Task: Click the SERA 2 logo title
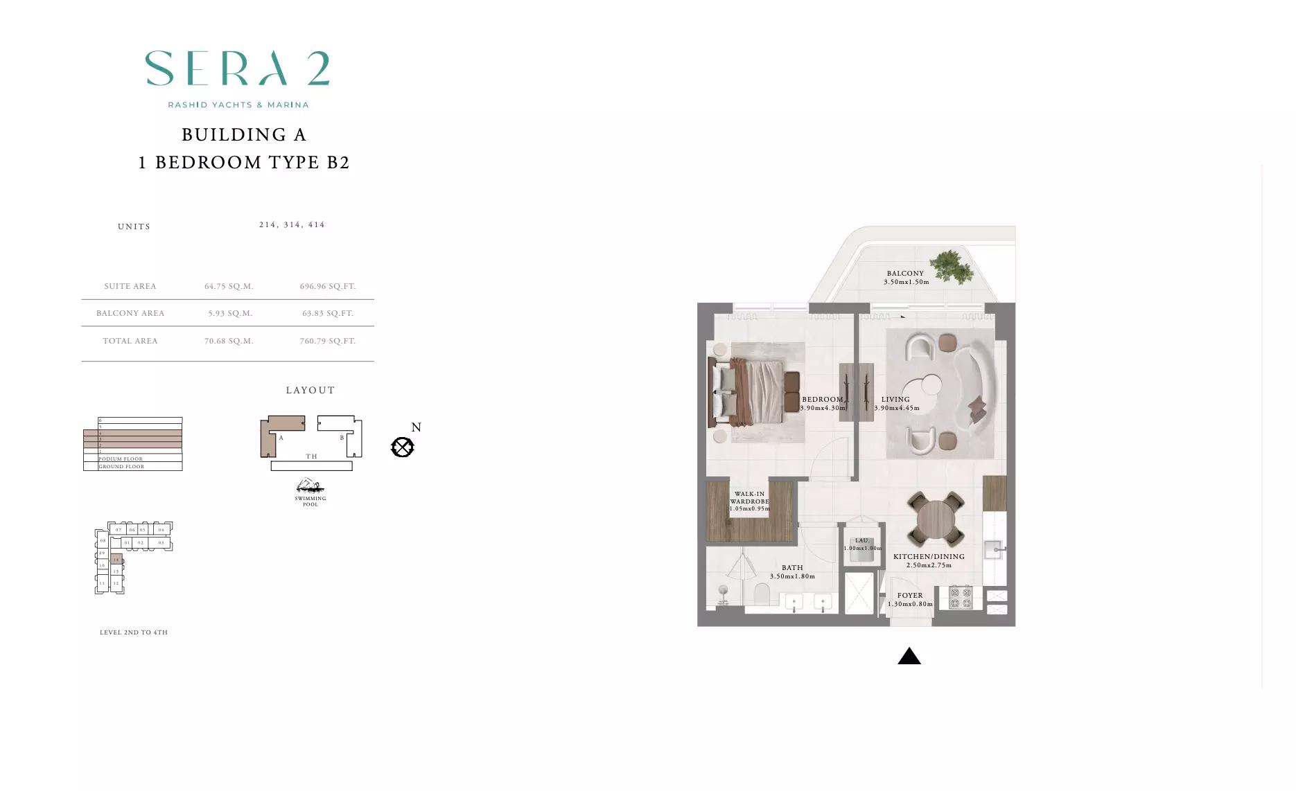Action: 237,69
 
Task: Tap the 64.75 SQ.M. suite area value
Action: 229,286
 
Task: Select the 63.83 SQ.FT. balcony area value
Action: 328,313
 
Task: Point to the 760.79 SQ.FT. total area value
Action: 328,341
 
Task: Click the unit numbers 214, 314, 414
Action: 292,224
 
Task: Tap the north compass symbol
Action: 403,447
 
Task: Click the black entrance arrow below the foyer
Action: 909,657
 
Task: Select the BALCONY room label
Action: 905,274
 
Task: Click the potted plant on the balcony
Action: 952,265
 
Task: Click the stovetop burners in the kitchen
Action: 961,597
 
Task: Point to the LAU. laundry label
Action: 862,540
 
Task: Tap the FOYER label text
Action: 910,595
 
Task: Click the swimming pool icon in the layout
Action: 310,486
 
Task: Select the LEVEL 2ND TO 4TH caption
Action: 134,632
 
